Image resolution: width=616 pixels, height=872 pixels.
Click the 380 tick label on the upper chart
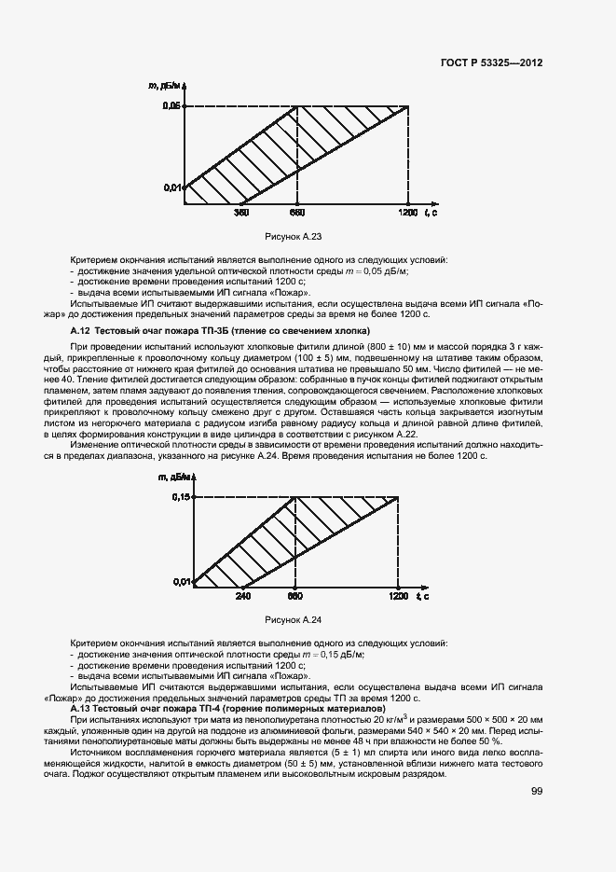pyautogui.click(x=241, y=214)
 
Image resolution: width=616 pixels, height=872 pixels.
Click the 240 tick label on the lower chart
pyautogui.click(x=243, y=595)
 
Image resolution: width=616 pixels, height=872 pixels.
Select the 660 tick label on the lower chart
pyautogui.click(x=295, y=595)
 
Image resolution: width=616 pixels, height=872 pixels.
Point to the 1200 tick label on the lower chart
pyautogui.click(x=399, y=595)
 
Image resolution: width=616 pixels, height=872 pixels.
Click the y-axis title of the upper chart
pyautogui.click(x=168, y=86)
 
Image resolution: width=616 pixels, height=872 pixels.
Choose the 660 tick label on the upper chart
pyautogui.click(x=297, y=214)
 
